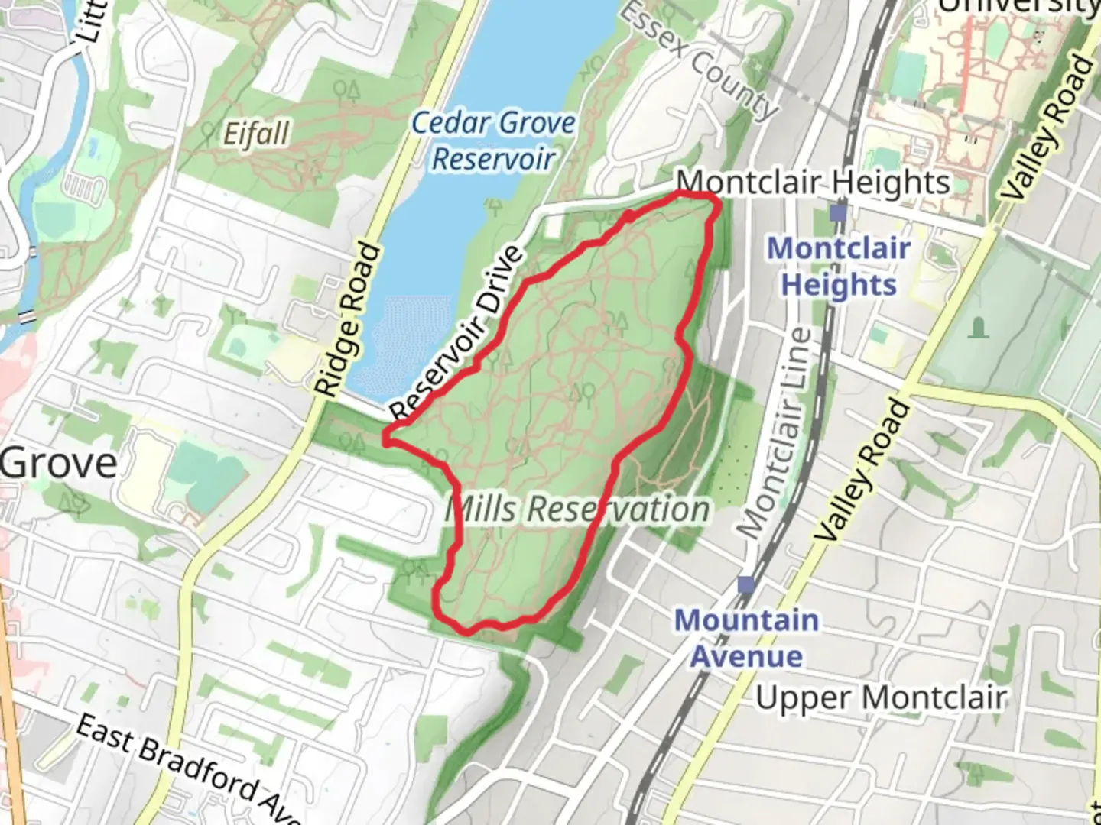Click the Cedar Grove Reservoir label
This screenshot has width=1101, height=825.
493,141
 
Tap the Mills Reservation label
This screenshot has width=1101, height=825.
578,510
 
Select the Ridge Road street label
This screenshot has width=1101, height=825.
348,321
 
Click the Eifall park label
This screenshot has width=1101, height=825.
256,134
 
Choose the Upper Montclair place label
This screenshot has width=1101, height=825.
881,697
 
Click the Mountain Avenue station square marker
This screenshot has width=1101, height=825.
746,585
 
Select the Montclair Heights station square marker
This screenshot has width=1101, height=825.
839,213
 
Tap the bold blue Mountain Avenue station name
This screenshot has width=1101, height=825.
746,639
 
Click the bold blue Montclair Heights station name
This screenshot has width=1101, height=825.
839,267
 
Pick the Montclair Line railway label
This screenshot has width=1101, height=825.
773,432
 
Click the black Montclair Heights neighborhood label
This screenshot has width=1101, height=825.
814,183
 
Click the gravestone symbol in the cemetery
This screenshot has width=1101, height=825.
978,328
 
